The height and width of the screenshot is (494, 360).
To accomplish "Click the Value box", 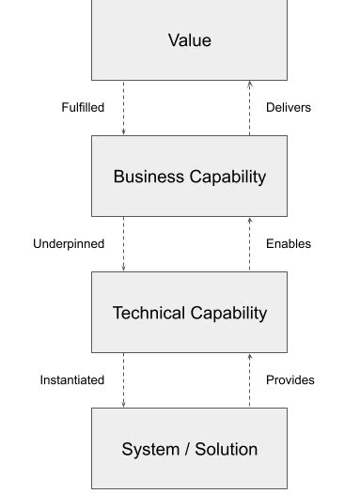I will [x=189, y=40].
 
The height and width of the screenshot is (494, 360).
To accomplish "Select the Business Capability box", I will [x=189, y=177].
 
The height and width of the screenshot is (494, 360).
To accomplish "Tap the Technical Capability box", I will [x=189, y=313].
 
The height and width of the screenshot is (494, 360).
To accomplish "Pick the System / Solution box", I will [x=189, y=449].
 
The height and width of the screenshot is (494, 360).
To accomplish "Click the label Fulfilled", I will [x=83, y=107].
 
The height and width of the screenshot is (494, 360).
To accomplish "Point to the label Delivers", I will [x=288, y=107].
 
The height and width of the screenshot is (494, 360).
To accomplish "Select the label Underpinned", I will [x=69, y=243].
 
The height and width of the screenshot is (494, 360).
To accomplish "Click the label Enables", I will [x=288, y=243].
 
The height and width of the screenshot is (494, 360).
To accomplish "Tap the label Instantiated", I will [x=71, y=379].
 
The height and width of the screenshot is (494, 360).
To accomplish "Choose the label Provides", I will [x=290, y=379].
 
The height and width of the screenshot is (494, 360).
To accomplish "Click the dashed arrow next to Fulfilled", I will [x=123, y=107].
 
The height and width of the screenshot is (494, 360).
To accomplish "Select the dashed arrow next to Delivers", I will [x=250, y=107].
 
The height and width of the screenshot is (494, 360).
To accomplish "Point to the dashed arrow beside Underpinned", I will [x=123, y=243].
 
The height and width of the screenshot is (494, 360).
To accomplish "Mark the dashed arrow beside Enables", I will [x=250, y=243].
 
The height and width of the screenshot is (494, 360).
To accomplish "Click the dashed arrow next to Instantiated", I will [x=123, y=379].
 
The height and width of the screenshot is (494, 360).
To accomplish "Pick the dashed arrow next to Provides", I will [x=250, y=379].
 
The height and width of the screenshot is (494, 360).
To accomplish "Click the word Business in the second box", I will [x=147, y=177].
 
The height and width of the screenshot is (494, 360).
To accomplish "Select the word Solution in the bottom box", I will [x=226, y=449].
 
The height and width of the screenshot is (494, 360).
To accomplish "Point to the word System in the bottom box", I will [x=149, y=449].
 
